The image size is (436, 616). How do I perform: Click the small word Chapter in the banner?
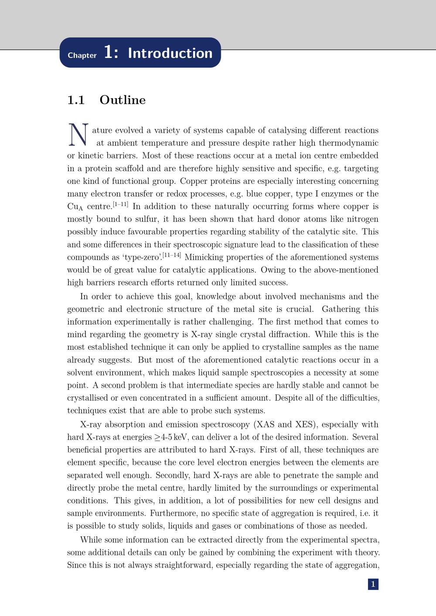pos(82,55)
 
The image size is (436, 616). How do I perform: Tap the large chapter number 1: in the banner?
pos(111,53)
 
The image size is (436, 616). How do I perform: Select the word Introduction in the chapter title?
pos(170,53)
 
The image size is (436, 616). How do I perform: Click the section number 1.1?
pos(76,100)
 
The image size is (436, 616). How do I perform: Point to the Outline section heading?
pos(123,100)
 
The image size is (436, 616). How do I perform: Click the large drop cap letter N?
pos(78,135)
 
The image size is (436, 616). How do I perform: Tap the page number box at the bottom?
pos(373,584)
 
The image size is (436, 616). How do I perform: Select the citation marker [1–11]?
pos(120,204)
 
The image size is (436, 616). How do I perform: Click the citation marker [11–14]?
pos(172,254)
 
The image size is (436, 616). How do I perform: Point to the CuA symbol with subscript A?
pos(75,207)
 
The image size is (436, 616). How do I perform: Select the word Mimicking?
pos(205,257)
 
